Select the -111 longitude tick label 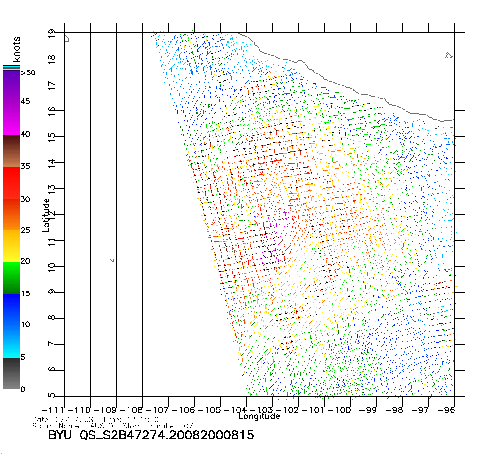53,410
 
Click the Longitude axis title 259,416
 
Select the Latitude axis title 46,215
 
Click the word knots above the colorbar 16,49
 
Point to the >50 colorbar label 28,73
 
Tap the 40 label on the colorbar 25,134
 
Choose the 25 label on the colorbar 25,230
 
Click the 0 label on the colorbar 23,389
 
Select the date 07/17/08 74,420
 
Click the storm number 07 188,426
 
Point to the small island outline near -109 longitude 112,260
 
